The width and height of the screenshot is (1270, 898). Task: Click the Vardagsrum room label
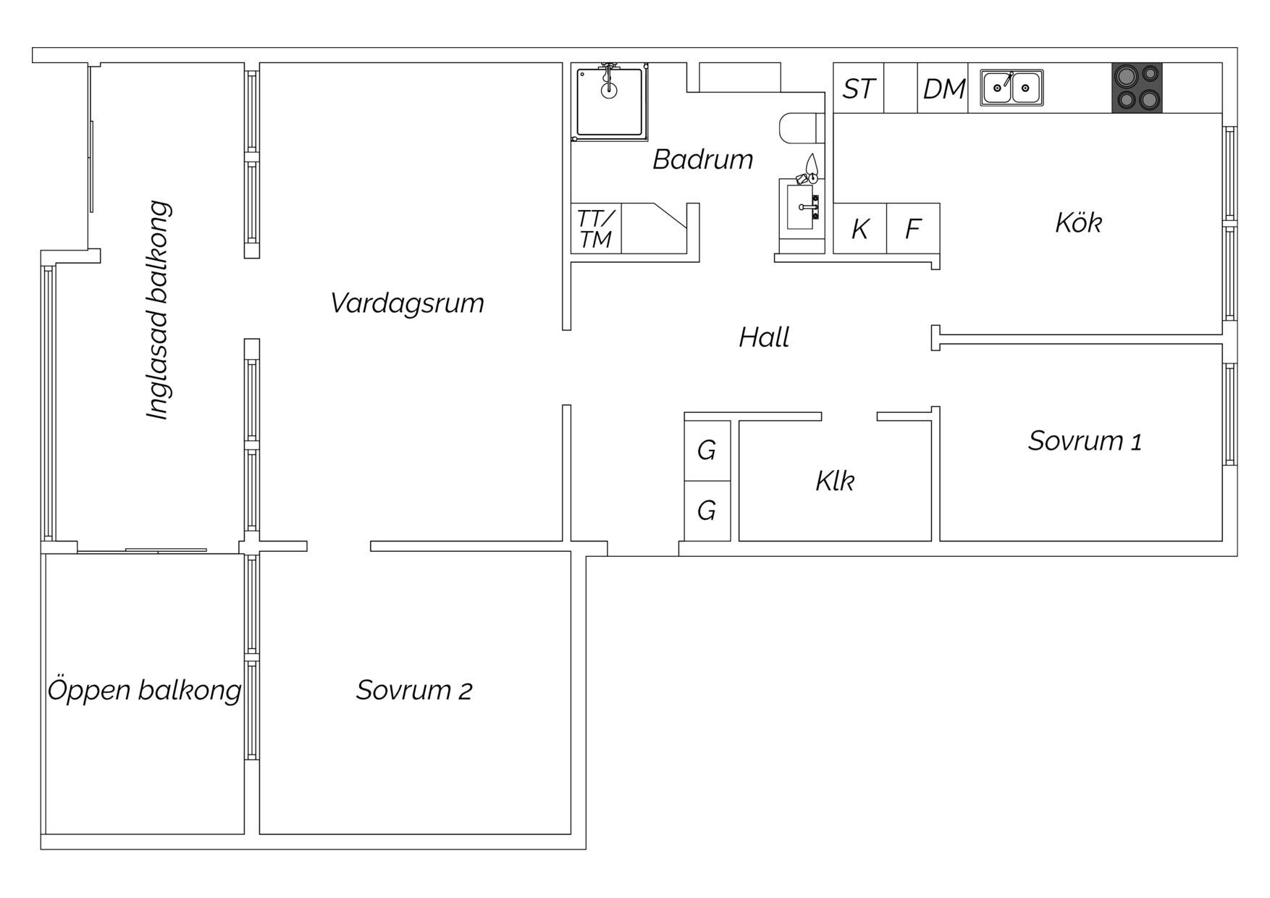tap(407, 303)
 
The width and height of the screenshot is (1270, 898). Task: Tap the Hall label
tap(764, 337)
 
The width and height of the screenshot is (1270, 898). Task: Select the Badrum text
tap(702, 159)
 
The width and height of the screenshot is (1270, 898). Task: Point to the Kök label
tap(1078, 222)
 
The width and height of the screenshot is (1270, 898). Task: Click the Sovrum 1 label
tap(1085, 441)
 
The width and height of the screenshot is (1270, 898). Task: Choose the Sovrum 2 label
tap(414, 690)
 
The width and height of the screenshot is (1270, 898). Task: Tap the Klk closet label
tap(835, 481)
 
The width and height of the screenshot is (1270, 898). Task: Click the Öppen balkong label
tap(144, 689)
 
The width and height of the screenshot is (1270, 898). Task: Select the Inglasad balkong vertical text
tap(159, 310)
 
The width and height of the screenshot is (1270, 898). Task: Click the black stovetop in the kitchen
tap(1137, 88)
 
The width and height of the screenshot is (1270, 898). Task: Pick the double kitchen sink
tap(1012, 88)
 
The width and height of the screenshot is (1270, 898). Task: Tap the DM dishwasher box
tap(943, 88)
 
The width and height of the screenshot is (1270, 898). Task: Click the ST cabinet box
tap(859, 88)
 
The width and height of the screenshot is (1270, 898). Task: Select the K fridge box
tap(860, 229)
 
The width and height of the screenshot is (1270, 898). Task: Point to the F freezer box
tap(913, 229)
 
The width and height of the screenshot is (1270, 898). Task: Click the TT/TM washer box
tap(596, 229)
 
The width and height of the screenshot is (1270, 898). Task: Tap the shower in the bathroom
tap(609, 102)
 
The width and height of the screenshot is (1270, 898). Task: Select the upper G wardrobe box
tap(707, 450)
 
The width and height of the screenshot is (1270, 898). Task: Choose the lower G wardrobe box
tap(707, 511)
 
